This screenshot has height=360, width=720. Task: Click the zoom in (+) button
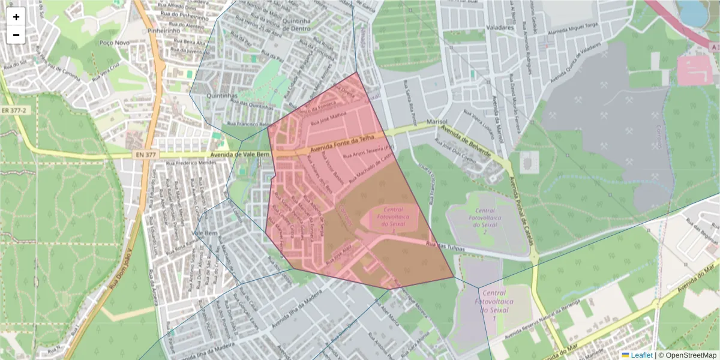coord(16,17)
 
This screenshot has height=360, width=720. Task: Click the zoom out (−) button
coord(16,35)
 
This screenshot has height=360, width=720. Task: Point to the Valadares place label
coord(501,28)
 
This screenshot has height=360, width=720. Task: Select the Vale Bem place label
coord(203,232)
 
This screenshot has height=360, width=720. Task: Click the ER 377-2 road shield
coord(14,110)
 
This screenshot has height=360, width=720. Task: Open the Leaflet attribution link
coord(641,355)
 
